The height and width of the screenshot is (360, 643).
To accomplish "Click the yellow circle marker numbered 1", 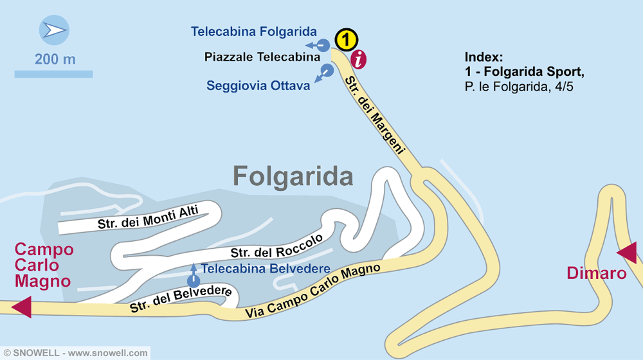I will tap(346, 40).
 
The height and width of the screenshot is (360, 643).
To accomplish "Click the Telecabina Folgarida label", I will tap(254, 32).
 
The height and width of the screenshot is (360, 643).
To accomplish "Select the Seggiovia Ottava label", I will tap(258, 85).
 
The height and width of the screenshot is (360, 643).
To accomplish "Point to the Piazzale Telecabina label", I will tap(262, 57).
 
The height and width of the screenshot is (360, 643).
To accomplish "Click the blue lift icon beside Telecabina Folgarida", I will tap(323, 45).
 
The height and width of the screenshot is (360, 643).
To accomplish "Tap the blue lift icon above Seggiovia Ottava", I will tap(326, 71).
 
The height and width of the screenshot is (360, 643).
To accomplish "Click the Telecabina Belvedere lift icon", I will tap(194, 280).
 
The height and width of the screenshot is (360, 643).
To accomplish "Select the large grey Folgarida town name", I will tap(293, 175).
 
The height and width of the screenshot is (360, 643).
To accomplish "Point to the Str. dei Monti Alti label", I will tap(148, 217).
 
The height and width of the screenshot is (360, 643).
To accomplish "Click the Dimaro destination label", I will tap(596, 273).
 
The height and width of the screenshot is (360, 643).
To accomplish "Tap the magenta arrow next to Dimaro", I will tap(627, 253).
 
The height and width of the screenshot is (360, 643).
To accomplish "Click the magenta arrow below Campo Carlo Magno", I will tap(21, 306).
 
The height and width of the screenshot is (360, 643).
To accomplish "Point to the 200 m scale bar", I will tap(53, 74).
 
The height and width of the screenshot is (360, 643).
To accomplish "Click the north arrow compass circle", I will tap(54, 30).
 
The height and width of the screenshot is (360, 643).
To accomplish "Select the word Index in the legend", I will tap(482, 56).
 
